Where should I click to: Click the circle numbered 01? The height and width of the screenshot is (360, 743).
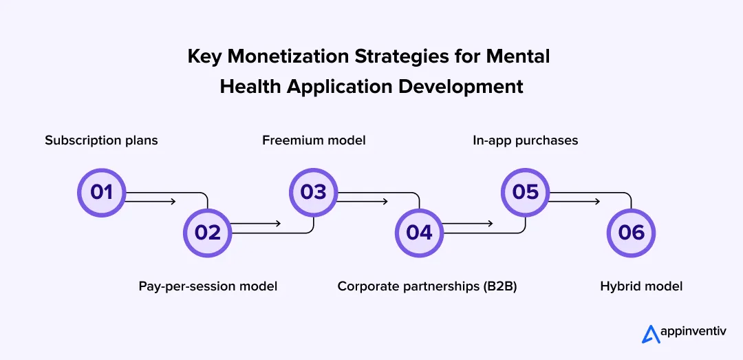coord(101,192)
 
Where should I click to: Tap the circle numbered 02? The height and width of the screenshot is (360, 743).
coord(207,232)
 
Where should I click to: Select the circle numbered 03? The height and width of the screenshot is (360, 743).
coord(313,192)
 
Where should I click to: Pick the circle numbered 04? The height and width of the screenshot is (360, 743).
coord(419,232)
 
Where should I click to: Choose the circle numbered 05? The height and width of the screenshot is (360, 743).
coord(525,192)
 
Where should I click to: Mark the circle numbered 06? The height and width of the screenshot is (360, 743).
coord(631,232)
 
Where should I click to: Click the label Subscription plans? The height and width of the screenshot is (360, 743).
coord(101,140)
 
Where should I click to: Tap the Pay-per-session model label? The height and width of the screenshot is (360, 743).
coord(208,286)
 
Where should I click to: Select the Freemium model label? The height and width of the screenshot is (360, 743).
coord(314,140)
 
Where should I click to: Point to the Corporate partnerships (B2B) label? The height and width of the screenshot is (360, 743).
coord(427,286)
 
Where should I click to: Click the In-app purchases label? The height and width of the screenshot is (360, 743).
coord(525,140)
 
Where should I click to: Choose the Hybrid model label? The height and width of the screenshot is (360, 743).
coord(641,286)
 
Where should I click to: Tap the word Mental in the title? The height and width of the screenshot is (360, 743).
coord(517,56)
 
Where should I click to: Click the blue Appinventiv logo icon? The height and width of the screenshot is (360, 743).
coord(650,335)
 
